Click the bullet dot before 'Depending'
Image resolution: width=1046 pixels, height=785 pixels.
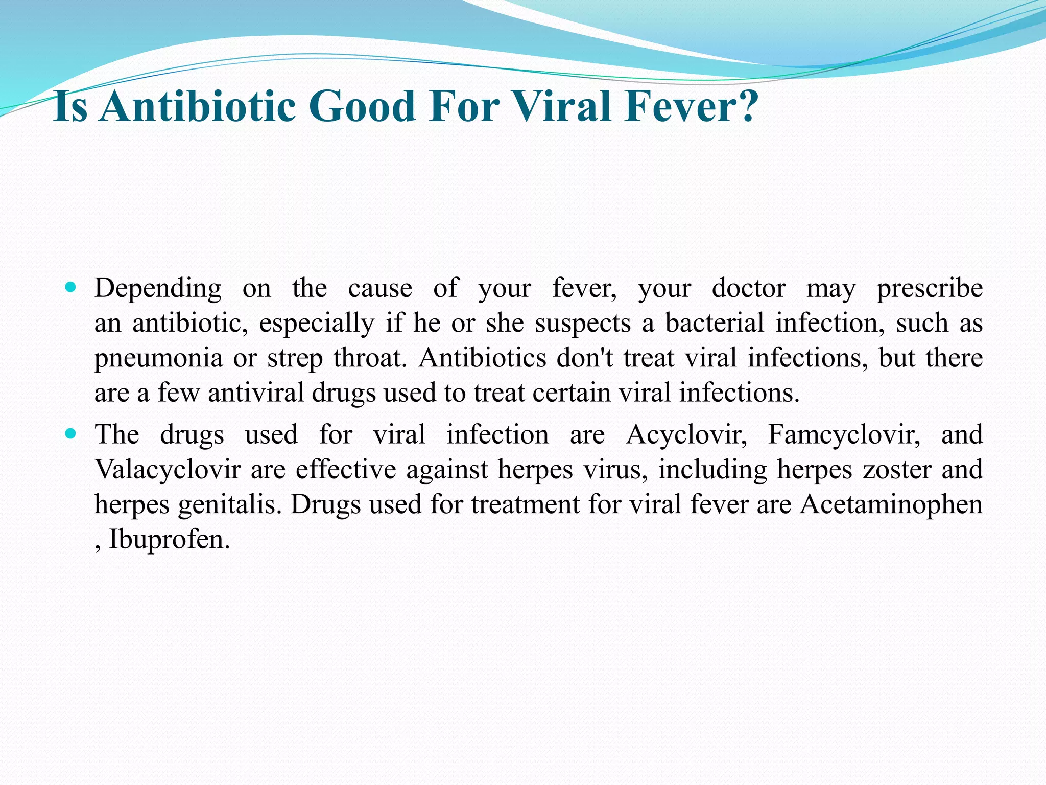click(x=71, y=287)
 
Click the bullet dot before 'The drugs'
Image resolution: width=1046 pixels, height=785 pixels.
click(x=71, y=434)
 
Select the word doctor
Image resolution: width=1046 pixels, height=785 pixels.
click(x=748, y=288)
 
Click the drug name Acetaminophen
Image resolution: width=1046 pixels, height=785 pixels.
click(x=891, y=505)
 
